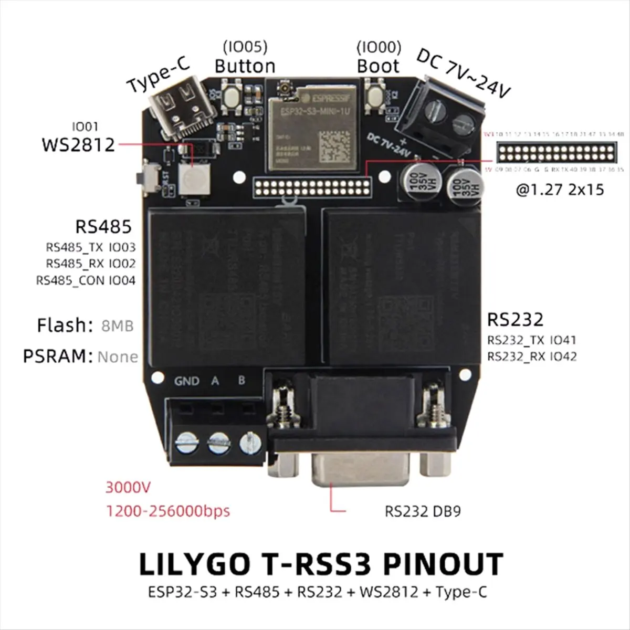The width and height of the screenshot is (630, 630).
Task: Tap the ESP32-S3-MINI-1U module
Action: tap(312, 128)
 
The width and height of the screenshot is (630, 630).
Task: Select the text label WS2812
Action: tap(78, 144)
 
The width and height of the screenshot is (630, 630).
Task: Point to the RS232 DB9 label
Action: tap(423, 511)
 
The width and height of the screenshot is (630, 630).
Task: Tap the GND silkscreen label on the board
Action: tap(186, 381)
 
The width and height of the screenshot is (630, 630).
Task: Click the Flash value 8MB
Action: tap(117, 326)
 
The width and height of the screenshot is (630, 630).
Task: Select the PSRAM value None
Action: tap(118, 357)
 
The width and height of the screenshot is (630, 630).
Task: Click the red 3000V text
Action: tap(128, 487)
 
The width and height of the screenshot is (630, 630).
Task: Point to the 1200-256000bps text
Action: tap(168, 511)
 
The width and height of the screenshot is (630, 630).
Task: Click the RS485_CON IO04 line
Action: tap(86, 280)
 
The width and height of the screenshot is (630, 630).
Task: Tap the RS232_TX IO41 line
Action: tap(531, 340)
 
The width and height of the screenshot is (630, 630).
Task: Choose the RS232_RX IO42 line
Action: tap(532, 356)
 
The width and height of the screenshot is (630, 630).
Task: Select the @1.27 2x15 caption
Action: tap(560, 190)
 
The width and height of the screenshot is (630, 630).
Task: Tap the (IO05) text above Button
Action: tap(245, 47)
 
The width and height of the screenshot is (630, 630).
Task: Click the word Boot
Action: tap(378, 67)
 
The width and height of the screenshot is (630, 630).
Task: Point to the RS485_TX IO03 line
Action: tap(90, 247)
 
